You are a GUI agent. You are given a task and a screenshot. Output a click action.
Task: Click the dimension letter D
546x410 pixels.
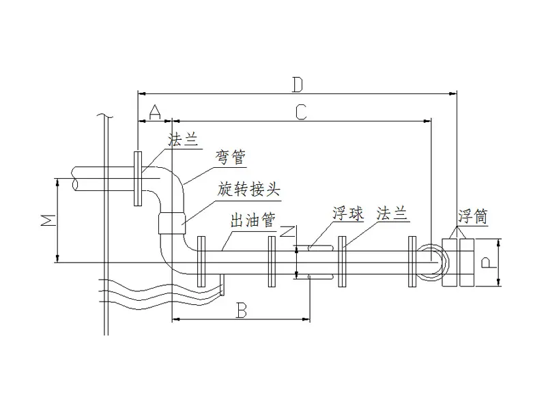coord(297,84)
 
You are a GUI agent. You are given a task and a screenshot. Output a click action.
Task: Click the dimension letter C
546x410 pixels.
coord(300,113)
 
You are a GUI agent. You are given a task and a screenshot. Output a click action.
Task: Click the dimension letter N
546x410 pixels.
coord(288,233)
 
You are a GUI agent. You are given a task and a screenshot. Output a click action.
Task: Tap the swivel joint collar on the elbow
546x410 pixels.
coord(172,223)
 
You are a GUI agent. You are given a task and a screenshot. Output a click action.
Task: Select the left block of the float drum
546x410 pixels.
coord(450,263)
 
